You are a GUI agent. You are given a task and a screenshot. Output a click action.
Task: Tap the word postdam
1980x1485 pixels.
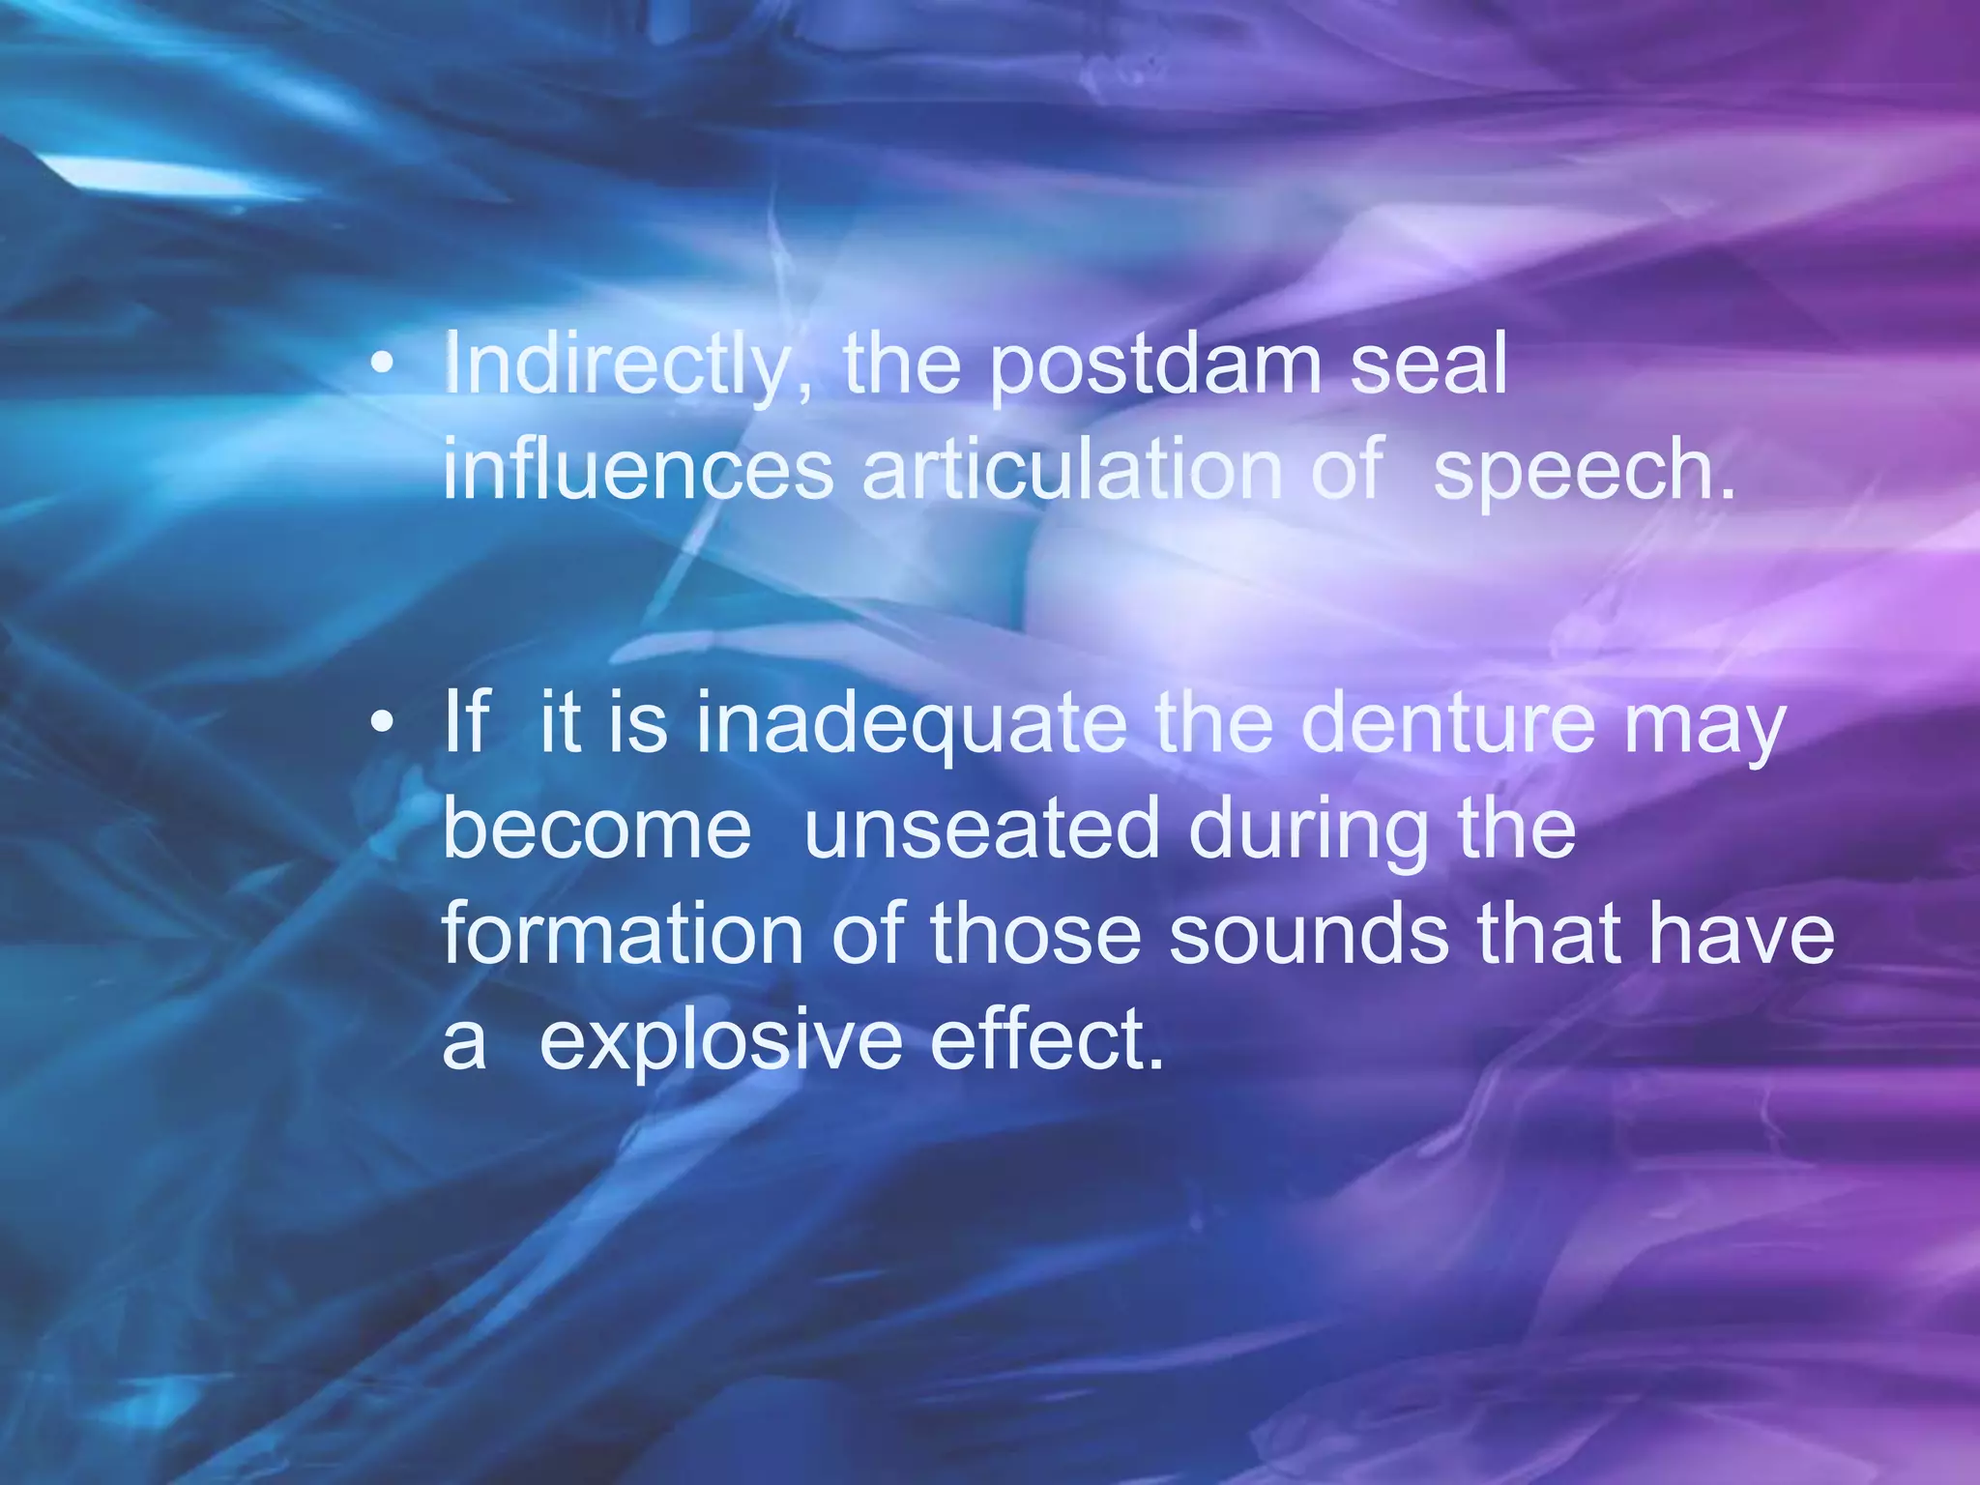[x=1155, y=364]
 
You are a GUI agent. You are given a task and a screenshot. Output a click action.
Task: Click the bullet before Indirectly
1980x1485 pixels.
[x=384, y=364]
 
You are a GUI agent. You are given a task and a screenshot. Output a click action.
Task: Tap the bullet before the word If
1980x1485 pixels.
[x=384, y=722]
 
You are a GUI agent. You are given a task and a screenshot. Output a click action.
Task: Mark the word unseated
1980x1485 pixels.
[x=981, y=829]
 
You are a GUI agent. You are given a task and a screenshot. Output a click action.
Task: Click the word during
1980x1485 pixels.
[x=1309, y=831]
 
